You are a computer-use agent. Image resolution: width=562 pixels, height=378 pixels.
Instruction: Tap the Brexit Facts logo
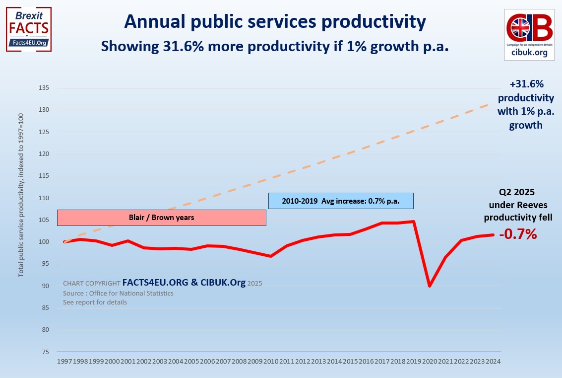pos(29,29)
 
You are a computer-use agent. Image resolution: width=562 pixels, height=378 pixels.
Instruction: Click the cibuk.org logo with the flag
pos(529,34)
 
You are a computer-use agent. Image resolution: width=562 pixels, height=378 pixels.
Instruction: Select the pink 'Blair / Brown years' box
pos(162,218)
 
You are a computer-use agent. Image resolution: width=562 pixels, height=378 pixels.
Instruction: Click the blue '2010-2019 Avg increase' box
pos(340,201)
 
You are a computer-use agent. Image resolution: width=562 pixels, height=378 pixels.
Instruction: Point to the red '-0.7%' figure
pos(517,234)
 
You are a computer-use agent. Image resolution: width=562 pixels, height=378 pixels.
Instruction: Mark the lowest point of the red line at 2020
pos(430,286)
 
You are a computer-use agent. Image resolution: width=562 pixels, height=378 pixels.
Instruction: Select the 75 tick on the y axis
pos(46,352)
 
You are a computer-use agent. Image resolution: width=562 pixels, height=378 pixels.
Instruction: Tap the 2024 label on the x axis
pos(492,362)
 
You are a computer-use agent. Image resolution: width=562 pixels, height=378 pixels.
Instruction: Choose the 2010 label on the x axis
pos(271,362)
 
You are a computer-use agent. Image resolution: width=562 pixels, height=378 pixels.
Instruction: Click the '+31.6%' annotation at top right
pos(526,85)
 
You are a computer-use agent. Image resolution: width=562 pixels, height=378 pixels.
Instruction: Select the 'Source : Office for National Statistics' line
pos(118,293)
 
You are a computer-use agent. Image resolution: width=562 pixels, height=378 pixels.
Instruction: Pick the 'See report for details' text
pos(95,302)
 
